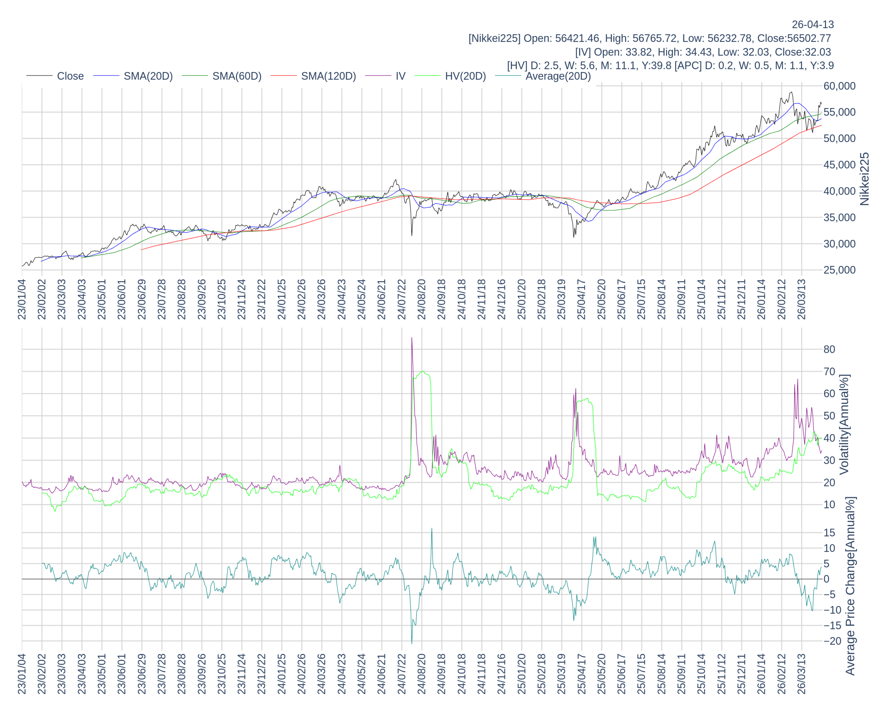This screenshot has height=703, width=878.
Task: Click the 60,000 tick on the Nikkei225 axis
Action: tap(839, 86)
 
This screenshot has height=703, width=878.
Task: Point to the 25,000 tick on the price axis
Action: tap(839, 270)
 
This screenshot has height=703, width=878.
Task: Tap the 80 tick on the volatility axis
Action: tap(829, 349)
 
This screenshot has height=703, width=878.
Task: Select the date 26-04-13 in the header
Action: tap(812, 24)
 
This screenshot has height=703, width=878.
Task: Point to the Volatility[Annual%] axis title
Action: tap(844, 424)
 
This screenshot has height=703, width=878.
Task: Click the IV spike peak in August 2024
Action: tap(412, 338)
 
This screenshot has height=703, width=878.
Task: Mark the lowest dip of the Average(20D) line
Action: tap(412, 643)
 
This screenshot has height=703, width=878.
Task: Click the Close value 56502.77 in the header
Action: tap(809, 38)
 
